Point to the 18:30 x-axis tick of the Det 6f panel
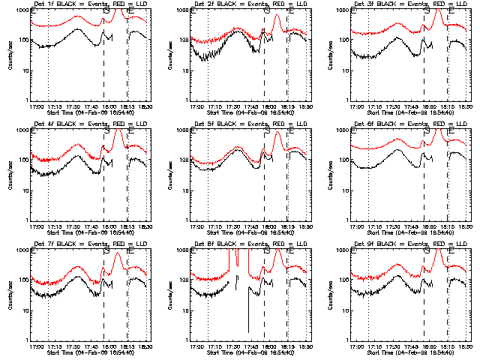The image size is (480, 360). point(466,226)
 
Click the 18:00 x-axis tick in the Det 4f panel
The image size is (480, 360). point(109,226)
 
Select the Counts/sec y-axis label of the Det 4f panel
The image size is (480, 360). point(10,175)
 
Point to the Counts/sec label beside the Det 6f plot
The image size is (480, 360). point(331,175)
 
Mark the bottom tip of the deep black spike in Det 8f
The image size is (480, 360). point(248,332)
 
